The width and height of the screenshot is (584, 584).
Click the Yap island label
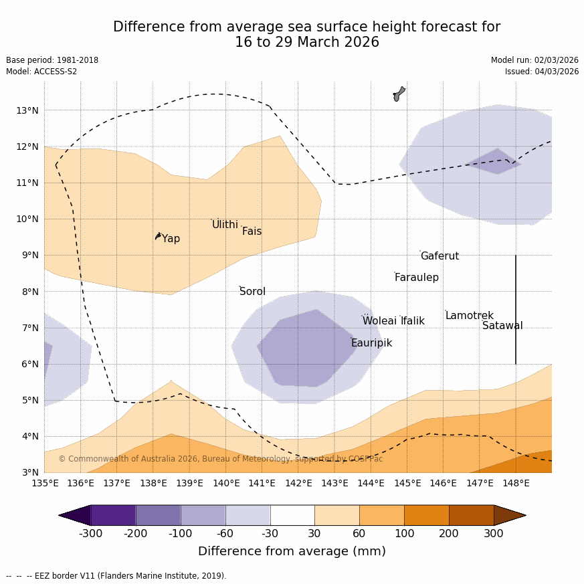point(171,239)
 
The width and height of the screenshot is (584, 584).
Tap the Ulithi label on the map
point(225,225)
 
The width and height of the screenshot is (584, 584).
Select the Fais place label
point(252,231)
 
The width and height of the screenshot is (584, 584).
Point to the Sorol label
point(252,292)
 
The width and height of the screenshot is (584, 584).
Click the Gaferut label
point(440,256)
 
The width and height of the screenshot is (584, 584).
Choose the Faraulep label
point(416,278)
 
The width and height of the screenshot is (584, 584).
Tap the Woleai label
point(379,321)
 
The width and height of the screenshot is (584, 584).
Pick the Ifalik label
point(412,321)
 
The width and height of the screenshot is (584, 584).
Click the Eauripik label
point(371,343)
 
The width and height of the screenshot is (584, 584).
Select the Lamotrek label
point(469,316)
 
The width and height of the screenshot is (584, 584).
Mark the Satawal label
point(502,326)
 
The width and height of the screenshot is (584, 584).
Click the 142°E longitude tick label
point(298,483)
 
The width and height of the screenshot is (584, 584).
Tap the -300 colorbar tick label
point(91,534)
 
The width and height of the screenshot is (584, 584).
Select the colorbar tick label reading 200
point(449,534)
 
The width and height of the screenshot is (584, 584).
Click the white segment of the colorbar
point(292,515)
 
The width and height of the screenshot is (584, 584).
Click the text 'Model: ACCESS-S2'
point(41,72)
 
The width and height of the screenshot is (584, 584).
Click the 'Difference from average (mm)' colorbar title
point(292,552)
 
